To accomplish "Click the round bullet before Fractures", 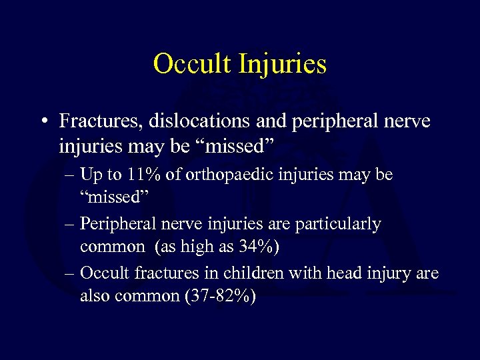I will tap(42, 122).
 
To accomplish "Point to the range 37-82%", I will tap(217, 296).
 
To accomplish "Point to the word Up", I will tap(89, 175).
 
